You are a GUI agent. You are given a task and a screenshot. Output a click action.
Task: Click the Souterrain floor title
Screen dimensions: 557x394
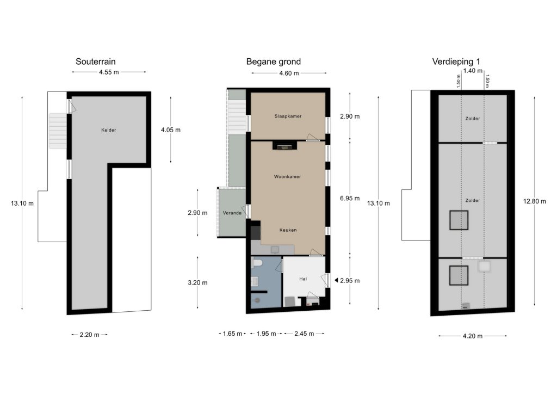pos(96,61)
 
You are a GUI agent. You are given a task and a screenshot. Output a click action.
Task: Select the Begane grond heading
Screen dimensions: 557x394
pos(274,62)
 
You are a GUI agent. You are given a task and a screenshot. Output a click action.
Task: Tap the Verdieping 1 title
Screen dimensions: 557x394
pos(456,62)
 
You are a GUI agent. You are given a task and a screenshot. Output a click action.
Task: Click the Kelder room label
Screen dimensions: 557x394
pos(109,130)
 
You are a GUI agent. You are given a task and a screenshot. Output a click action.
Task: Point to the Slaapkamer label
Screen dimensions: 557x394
pos(288,116)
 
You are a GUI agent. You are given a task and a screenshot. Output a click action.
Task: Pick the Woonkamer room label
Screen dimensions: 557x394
pos(287,176)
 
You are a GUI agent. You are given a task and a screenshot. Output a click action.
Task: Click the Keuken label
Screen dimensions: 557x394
pos(288,230)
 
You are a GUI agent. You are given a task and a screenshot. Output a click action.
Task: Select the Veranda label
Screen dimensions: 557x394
pos(232,213)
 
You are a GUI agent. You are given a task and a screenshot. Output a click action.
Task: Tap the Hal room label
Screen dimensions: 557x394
pos(303,279)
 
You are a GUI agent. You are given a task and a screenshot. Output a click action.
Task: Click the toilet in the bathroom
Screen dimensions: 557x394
pos(257,263)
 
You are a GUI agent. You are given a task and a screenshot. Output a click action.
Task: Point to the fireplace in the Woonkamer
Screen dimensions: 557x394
pos(284,145)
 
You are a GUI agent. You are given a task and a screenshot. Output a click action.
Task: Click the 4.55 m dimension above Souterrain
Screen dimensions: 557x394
pos(109,72)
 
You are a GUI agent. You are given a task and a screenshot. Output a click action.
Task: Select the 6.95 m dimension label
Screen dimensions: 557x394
pos(350,198)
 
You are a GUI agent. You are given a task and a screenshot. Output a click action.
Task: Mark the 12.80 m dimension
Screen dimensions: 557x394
pos(535,201)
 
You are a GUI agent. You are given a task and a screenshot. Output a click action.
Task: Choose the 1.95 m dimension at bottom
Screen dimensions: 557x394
pos(266,334)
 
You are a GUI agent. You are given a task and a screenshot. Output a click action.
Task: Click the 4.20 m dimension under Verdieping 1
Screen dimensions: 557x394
pos(473,336)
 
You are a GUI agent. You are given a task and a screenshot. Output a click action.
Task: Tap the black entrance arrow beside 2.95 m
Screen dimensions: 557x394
pos(336,281)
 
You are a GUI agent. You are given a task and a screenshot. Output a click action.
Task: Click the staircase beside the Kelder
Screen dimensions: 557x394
pos(58,131)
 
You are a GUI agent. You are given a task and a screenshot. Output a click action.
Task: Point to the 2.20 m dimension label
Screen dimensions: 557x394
pos(90,335)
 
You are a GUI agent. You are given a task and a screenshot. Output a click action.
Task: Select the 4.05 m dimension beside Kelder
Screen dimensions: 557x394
pos(170,130)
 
